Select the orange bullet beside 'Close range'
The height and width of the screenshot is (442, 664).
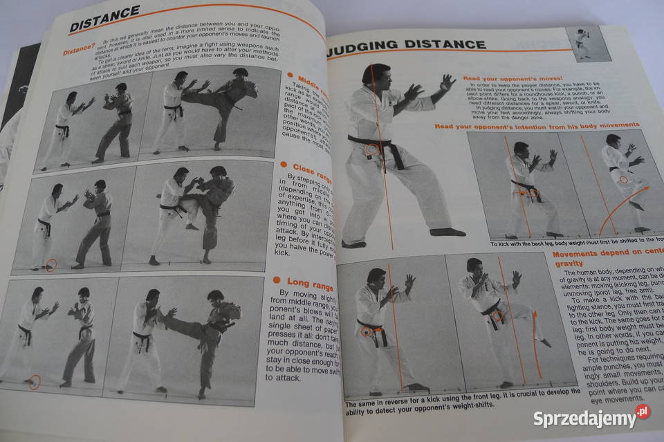coord(284,165)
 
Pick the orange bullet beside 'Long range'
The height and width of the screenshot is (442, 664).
coord(276,280)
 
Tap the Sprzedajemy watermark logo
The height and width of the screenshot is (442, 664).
coord(585,418)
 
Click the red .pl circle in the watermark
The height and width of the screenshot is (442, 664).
coord(643,412)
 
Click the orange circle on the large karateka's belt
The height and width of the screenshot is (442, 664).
coord(372,149)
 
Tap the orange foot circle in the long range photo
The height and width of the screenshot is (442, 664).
coord(34,382)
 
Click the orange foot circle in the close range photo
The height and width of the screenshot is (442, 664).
coord(50,264)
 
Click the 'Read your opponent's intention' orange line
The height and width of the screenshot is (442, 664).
coord(536,125)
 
